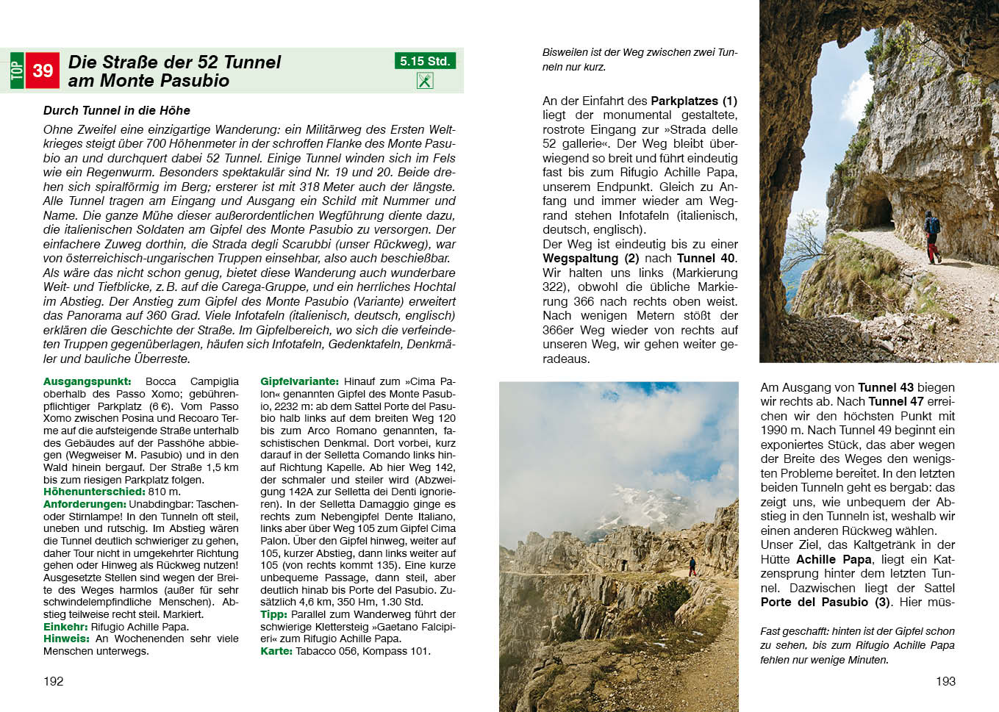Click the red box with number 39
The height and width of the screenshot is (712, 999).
click(x=42, y=71)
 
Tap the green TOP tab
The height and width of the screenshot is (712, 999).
click(x=17, y=71)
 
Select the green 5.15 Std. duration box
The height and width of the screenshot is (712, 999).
click(x=425, y=61)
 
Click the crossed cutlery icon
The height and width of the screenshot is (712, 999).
click(x=425, y=81)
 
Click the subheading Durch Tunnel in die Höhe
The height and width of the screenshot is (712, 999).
click(x=117, y=110)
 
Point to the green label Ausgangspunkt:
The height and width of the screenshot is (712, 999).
click(x=87, y=381)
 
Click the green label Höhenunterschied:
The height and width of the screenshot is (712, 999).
click(x=94, y=492)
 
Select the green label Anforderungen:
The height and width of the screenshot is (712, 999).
click(x=85, y=504)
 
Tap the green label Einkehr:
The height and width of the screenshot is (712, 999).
click(x=65, y=627)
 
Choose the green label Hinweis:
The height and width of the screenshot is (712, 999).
click(x=66, y=639)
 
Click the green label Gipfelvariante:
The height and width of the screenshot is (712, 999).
click(x=299, y=381)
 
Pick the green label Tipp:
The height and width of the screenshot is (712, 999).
click(x=273, y=614)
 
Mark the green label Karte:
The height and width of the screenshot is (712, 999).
click(x=276, y=651)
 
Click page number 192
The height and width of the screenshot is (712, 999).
click(x=54, y=681)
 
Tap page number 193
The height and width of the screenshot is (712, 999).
click(x=945, y=681)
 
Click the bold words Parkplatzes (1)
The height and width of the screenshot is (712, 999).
click(x=693, y=101)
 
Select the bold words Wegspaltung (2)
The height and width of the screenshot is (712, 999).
click(x=591, y=258)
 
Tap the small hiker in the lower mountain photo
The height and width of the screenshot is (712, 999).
click(x=692, y=567)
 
